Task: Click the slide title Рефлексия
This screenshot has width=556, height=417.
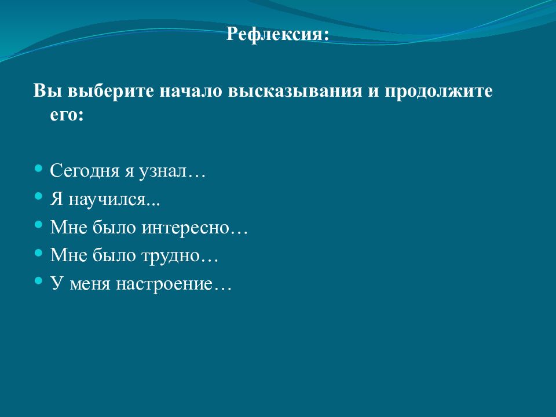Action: tap(277, 34)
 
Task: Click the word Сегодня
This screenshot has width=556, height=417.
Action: tap(82, 172)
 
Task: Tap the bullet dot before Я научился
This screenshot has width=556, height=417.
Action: tap(39, 196)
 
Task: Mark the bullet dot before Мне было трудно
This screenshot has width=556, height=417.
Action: tap(39, 252)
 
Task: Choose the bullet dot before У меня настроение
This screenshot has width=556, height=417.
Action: tap(39, 280)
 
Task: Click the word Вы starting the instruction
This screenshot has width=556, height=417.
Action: tap(44, 92)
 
